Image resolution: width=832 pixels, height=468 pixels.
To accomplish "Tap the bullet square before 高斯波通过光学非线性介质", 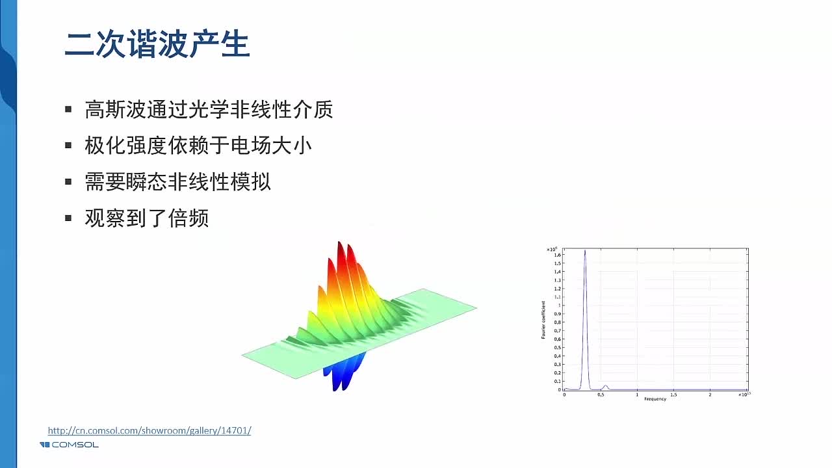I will (68, 109).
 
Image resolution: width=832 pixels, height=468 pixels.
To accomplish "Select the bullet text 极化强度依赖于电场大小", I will (198, 145).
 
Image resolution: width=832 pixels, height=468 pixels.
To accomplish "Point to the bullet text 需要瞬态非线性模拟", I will (177, 182).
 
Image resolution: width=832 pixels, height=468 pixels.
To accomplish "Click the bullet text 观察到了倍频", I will (146, 218).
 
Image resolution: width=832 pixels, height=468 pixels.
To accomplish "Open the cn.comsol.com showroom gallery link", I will (149, 430).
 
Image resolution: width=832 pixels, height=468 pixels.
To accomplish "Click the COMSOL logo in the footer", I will (69, 445).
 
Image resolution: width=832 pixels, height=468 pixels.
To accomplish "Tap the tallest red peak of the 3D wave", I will (340, 250).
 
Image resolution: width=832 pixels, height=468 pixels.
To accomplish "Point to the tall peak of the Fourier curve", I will (585, 252).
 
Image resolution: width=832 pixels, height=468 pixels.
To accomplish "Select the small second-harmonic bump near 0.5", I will (605, 386).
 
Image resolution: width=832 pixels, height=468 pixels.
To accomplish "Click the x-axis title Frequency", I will (655, 399).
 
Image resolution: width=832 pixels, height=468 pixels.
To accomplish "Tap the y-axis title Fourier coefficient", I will (543, 319).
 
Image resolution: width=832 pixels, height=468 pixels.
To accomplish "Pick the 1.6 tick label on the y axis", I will (557, 255).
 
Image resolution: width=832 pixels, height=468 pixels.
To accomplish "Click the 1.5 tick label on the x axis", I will (673, 395).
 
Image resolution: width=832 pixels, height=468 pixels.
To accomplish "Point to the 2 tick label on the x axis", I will (710, 395).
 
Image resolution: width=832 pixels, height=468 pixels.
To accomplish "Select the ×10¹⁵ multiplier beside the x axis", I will (743, 395).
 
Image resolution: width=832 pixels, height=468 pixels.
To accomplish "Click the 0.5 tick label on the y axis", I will (557, 348).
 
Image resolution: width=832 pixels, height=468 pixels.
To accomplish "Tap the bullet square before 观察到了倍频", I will (68, 218).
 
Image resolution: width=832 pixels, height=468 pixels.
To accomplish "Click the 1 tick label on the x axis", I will (637, 395).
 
